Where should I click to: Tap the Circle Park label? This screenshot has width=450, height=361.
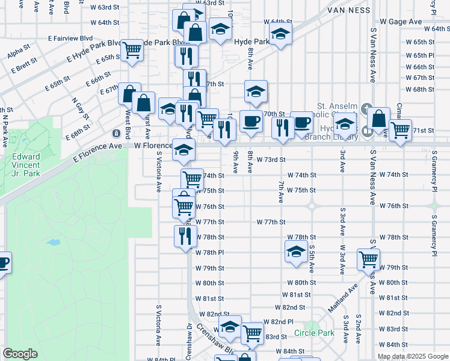tap(314, 333)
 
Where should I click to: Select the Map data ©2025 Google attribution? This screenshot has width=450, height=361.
tap(413, 356)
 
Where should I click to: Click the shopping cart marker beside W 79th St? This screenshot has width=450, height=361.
tap(368, 259)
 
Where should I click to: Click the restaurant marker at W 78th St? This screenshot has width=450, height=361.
tap(185, 235)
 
